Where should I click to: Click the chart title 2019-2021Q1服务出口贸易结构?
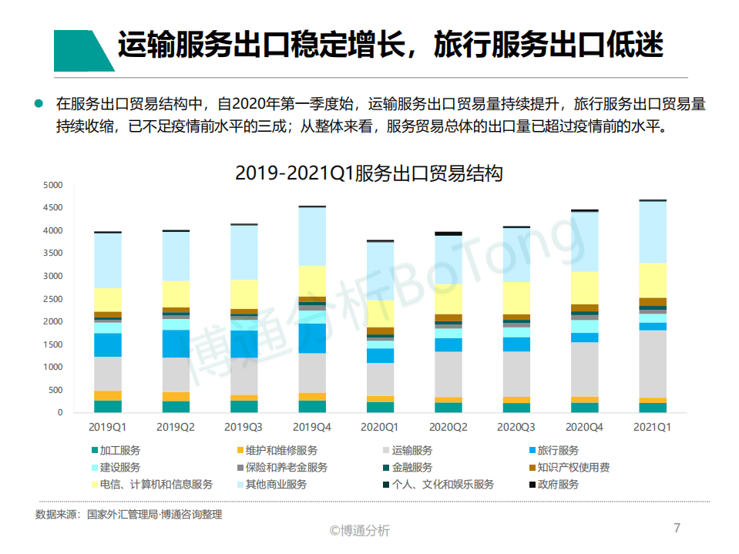click(x=368, y=173)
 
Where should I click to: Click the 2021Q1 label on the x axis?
click(x=652, y=426)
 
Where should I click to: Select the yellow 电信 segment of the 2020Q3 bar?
click(x=516, y=297)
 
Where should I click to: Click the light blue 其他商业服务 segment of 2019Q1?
click(x=108, y=260)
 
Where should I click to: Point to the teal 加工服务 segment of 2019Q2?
click(x=176, y=407)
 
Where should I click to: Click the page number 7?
click(x=677, y=528)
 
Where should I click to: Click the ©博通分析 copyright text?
click(x=360, y=530)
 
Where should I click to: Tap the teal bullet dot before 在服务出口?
click(x=39, y=103)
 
